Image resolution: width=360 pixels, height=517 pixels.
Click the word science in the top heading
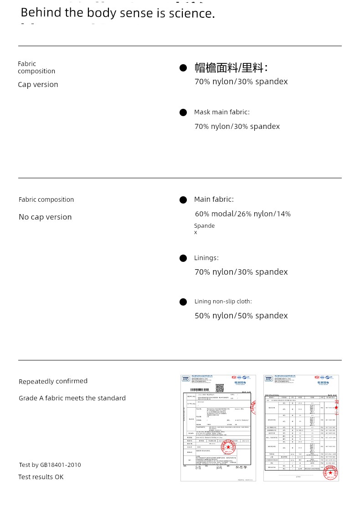[x=191, y=13]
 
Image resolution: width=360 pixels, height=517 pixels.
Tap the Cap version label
[x=38, y=84]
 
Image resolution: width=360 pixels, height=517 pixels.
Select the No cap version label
[x=45, y=217]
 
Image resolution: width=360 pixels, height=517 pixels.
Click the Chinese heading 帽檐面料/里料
[x=231, y=68]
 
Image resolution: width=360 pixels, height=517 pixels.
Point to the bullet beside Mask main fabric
[x=183, y=113]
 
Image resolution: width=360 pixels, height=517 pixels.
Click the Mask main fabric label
[x=221, y=112]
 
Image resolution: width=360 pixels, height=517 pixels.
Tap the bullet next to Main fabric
[x=183, y=200]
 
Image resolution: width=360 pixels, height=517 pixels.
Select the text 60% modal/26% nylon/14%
[x=242, y=214]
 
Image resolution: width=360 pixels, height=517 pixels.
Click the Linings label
[x=206, y=258]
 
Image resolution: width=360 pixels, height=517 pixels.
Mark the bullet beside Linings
[x=183, y=258]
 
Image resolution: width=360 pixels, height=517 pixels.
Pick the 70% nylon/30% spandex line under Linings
[x=241, y=272]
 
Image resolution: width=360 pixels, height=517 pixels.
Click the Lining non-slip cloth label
[x=223, y=302]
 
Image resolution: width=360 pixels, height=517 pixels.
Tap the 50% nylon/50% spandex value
[x=241, y=316]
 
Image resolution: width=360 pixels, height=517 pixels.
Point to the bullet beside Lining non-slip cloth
[x=183, y=302]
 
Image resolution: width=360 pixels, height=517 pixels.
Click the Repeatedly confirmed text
[x=53, y=381]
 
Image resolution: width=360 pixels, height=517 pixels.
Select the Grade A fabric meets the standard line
[x=72, y=398]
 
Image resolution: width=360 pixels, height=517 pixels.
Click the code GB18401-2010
[x=60, y=465]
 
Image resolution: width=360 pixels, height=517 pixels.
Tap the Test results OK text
[x=41, y=477]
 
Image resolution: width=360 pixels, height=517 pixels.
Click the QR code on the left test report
[x=220, y=388]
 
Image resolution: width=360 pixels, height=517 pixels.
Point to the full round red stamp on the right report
[x=330, y=472]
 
